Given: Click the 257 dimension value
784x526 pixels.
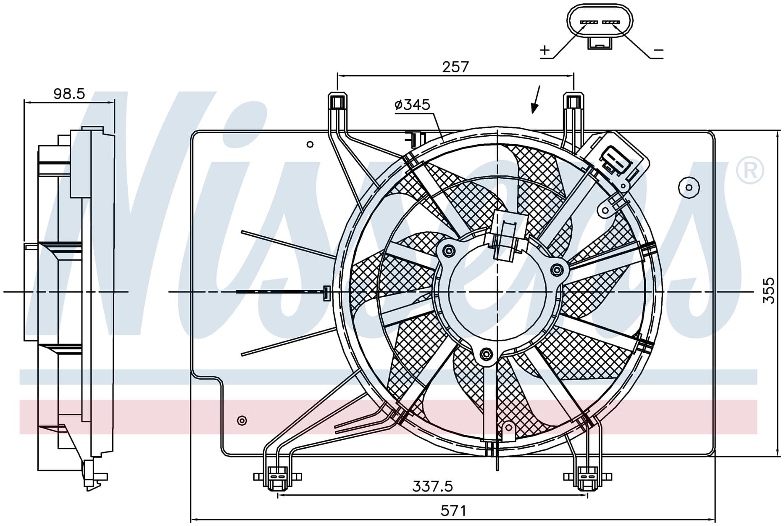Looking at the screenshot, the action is pos(455,66).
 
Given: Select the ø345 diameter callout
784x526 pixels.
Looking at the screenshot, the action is pos(413,104).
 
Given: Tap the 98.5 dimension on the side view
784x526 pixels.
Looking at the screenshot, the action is pos(69,93).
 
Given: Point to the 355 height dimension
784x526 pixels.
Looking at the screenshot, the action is pos(768,290).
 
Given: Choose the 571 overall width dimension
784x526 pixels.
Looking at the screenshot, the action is pos(453,511).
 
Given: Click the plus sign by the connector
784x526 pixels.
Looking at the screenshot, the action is pos(545,50).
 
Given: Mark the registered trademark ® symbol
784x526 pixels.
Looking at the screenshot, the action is pos(750,170).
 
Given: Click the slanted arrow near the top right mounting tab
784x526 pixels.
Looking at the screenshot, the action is pos(537,100).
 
